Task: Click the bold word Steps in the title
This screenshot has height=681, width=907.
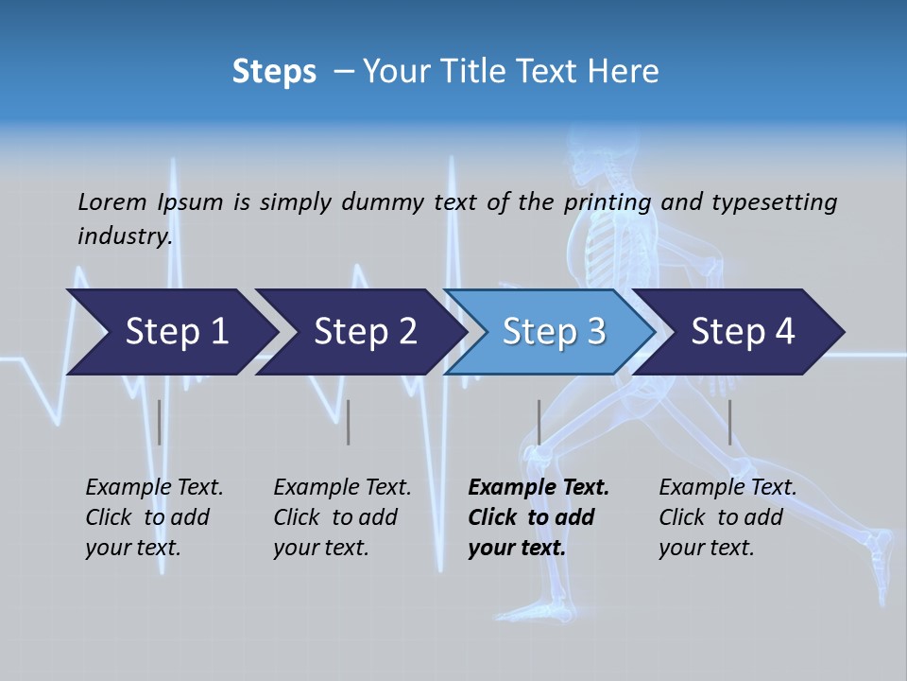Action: tap(274, 72)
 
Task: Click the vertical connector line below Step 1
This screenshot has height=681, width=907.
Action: tap(159, 422)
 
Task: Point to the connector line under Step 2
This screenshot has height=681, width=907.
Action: tap(349, 422)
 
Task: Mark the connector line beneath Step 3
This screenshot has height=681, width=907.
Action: tap(539, 422)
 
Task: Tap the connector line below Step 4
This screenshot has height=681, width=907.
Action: tap(729, 422)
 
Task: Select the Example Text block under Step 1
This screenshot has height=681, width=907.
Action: tap(154, 517)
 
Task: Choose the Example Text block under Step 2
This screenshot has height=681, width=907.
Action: tap(342, 517)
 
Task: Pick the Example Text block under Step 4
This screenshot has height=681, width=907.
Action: tap(727, 517)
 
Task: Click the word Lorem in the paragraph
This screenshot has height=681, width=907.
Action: tap(112, 201)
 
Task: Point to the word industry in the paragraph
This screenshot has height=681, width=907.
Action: tap(125, 236)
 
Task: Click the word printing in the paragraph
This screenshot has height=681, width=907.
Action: tap(608, 201)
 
